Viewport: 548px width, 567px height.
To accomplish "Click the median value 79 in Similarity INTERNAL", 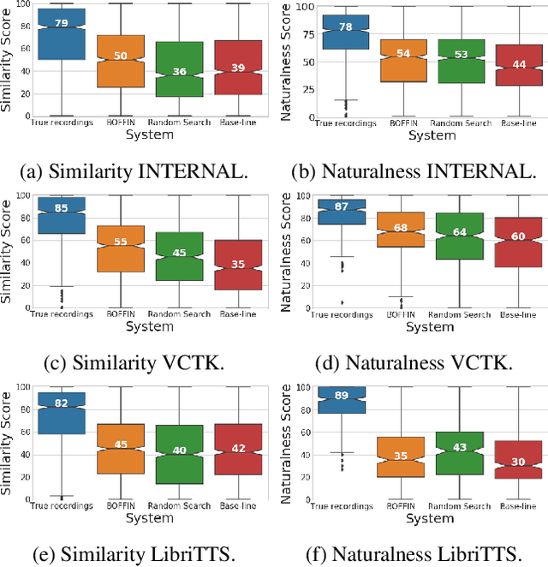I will click(x=61, y=22).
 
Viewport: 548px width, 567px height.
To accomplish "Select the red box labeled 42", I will click(x=239, y=449).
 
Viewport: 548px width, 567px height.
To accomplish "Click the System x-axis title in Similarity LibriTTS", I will click(x=150, y=516).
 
